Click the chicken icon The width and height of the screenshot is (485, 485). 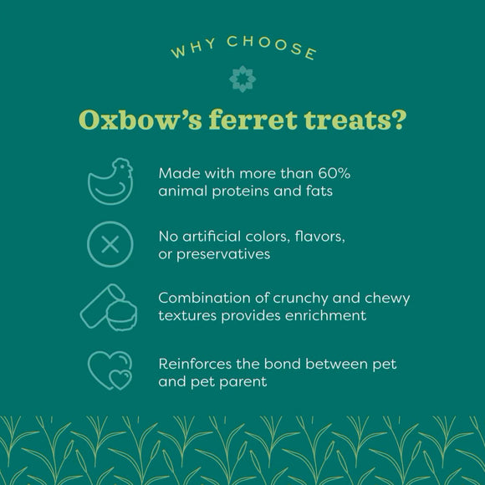111,181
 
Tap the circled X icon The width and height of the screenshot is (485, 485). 110,244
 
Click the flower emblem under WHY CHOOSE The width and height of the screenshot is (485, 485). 242,79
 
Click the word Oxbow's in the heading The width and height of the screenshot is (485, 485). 131,120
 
